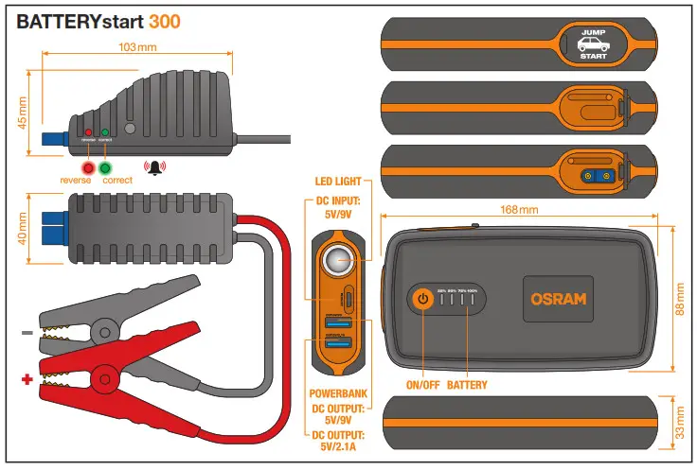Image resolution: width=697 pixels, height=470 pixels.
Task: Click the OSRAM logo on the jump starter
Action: point(558,299)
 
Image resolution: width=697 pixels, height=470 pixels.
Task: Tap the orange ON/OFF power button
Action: point(423,299)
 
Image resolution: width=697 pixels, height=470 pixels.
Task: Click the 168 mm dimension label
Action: point(516,210)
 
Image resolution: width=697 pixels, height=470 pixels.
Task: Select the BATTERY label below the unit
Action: point(467,387)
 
